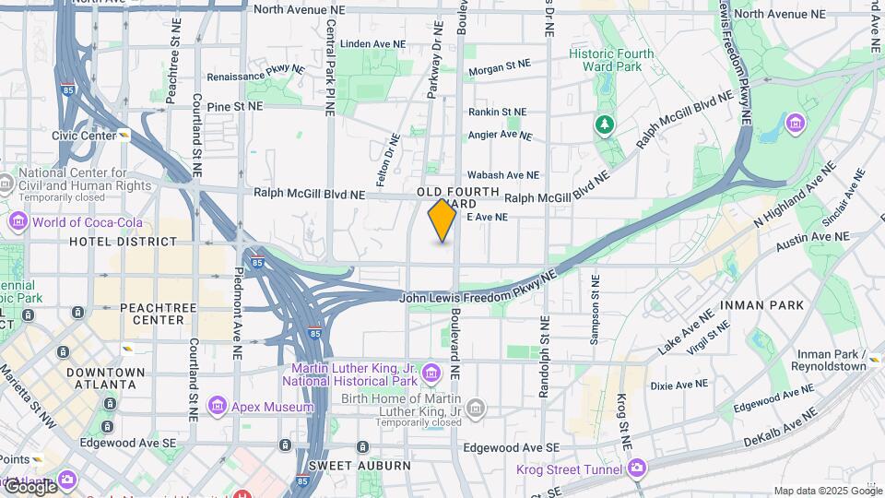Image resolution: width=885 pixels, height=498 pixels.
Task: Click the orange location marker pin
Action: [442, 219]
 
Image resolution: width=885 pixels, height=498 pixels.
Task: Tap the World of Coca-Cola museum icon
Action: [18, 222]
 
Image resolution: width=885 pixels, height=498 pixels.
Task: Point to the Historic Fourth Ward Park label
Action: [611, 60]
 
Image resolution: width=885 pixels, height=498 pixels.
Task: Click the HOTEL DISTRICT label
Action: [123, 242]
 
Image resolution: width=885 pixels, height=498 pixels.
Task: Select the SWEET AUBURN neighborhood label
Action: [360, 466]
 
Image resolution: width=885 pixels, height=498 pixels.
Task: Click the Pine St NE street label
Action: [235, 107]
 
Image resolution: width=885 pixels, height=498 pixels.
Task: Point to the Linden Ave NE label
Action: [372, 43]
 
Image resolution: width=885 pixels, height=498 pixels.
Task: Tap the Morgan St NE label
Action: [500, 65]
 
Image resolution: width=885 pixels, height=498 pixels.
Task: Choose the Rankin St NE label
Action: [497, 112]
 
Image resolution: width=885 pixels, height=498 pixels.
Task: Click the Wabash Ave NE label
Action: [502, 174]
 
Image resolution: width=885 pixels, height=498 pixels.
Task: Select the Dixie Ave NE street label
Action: [679, 385]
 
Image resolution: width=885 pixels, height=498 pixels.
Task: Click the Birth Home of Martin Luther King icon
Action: [476, 408]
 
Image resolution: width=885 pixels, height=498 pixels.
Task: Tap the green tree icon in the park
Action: [604, 124]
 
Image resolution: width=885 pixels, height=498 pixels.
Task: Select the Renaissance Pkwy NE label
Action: [255, 74]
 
